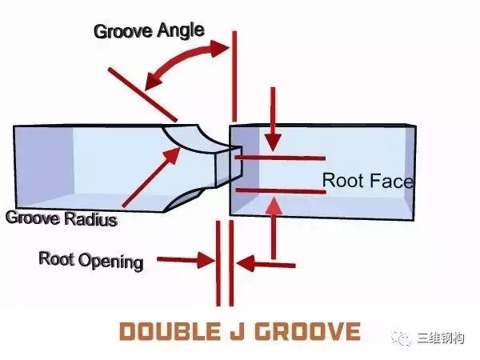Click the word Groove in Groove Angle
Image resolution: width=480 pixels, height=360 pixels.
pos(122,31)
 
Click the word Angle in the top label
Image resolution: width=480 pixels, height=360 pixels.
pos(181,31)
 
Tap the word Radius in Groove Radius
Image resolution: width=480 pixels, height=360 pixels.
pos(90,219)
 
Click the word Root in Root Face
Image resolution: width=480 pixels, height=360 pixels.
pos(342,180)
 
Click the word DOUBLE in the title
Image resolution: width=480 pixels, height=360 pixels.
pos(170,331)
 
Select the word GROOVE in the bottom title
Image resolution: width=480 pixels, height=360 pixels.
pos(308,331)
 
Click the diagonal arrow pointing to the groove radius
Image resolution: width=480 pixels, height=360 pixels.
pos(151,177)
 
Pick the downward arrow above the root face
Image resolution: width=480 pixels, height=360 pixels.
pos(273,119)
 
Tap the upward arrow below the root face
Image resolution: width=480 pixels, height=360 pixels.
pos(274,228)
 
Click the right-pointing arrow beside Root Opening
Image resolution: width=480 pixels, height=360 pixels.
pos(186,260)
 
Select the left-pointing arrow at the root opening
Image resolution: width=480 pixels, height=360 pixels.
pos(266,264)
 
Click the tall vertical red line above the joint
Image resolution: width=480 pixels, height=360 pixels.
pos(234,76)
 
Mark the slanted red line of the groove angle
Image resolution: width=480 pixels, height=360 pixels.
pos(142,95)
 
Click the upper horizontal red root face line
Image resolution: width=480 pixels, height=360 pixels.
pos(280,158)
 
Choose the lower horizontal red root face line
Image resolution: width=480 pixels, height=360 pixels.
pos(281,191)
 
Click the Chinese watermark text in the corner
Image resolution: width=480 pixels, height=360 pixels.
pos(441,338)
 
